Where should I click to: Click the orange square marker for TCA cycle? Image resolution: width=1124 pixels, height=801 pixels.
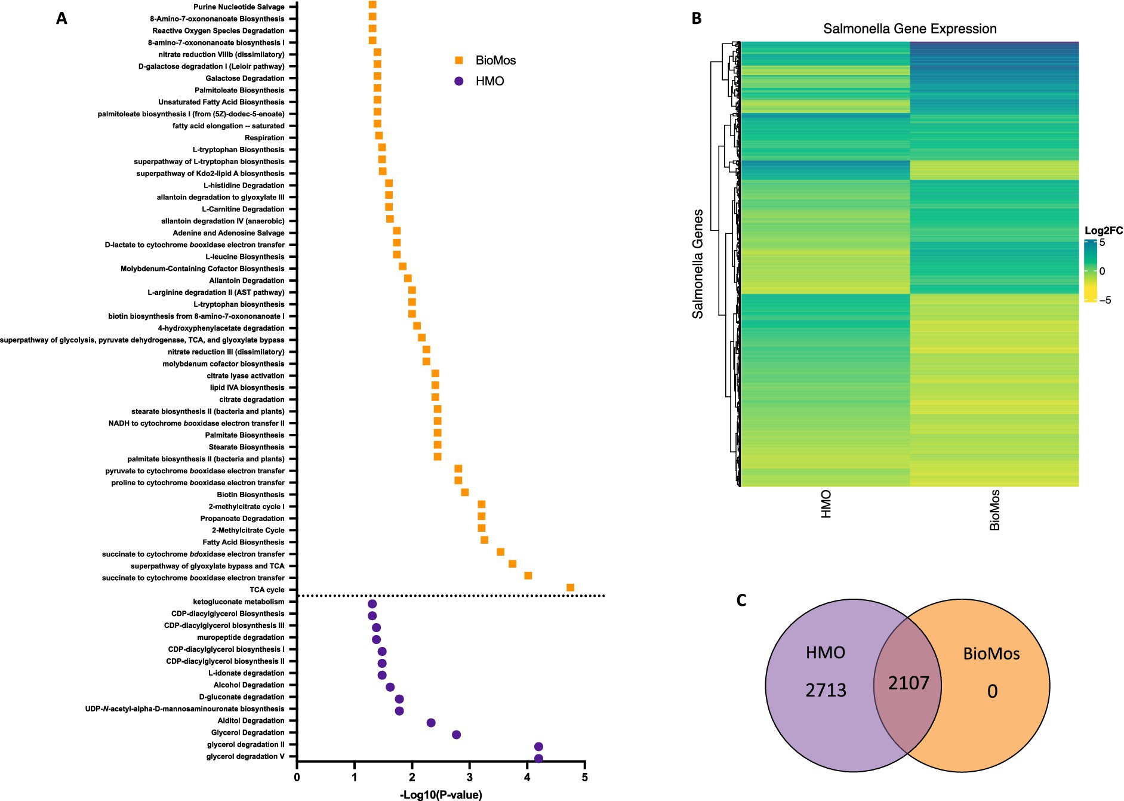pyautogui.click(x=570, y=588)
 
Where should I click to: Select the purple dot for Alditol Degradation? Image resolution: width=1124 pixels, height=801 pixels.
pyautogui.click(x=431, y=723)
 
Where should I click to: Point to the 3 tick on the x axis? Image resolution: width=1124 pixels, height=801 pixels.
pyautogui.click(x=470, y=777)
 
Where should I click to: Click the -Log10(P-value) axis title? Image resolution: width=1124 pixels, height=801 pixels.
pyautogui.click(x=441, y=794)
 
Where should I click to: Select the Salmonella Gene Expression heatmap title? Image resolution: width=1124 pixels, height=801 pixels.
pyautogui.click(x=910, y=29)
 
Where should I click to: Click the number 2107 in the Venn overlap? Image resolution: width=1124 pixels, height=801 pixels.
pyautogui.click(x=909, y=683)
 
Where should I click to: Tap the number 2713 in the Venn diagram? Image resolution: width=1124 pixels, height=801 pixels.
pyautogui.click(x=826, y=690)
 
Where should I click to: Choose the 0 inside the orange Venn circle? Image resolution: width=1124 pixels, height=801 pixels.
pyautogui.click(x=992, y=691)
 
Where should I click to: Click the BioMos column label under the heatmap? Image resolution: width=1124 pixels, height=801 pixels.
pyautogui.click(x=994, y=510)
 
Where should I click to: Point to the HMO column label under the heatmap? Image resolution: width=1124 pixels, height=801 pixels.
pyautogui.click(x=826, y=504)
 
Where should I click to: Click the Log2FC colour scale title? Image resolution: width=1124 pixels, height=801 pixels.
pyautogui.click(x=1103, y=230)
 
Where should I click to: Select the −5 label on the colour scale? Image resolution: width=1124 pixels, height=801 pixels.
pyautogui.click(x=1105, y=300)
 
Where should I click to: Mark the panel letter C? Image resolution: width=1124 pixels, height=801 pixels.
pyautogui.click(x=741, y=600)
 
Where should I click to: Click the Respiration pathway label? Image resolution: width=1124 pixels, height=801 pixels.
pyautogui.click(x=264, y=138)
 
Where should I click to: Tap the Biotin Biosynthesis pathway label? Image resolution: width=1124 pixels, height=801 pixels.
pyautogui.click(x=251, y=495)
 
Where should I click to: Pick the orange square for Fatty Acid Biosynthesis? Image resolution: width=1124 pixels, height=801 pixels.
pyautogui.click(x=484, y=540)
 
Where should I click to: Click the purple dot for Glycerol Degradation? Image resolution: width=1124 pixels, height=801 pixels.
pyautogui.click(x=457, y=735)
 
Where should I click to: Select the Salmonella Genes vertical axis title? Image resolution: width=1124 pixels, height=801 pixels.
pyautogui.click(x=697, y=263)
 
